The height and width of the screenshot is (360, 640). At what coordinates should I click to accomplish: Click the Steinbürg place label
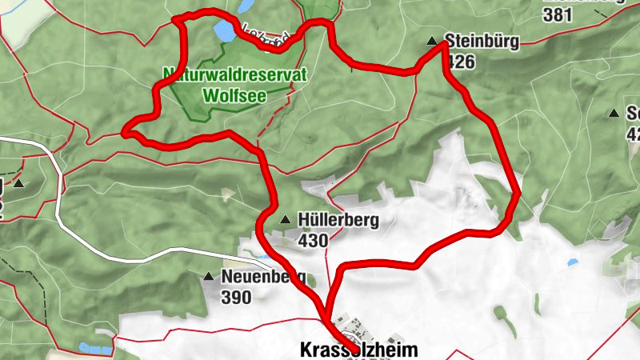click(x=482, y=41)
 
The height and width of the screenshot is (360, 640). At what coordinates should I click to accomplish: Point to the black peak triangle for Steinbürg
click(x=433, y=41)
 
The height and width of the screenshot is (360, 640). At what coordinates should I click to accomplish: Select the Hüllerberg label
click(x=337, y=220)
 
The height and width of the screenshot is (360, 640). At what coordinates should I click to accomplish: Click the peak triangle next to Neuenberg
click(x=209, y=278)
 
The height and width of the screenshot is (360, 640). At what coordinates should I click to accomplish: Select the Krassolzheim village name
click(x=358, y=350)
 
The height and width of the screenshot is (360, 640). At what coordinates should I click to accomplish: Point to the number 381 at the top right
click(x=558, y=14)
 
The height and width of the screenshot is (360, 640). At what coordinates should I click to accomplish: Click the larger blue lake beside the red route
click(x=225, y=31)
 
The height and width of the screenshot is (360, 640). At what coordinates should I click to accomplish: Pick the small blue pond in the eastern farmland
click(x=573, y=262)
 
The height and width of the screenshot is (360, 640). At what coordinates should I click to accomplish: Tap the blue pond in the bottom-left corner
click(x=96, y=348)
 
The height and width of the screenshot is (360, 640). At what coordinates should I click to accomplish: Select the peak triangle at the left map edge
click(x=19, y=184)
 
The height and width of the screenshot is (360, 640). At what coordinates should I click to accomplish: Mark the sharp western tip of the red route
click(x=124, y=133)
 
